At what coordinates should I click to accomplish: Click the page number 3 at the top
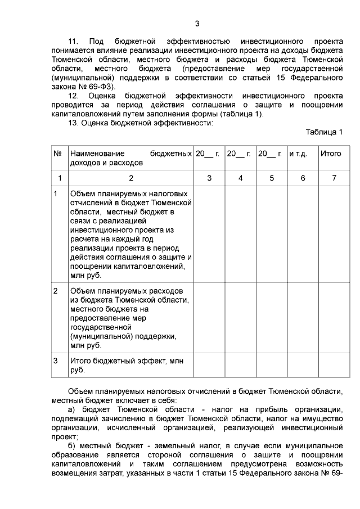coord(197,23)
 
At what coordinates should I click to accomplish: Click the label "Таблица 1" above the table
coord(324,132)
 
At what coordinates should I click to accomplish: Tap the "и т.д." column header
coord(298,154)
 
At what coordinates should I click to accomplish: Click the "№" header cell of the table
coord(57,154)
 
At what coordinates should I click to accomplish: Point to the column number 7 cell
coord(334,178)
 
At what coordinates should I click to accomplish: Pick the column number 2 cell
coord(130,178)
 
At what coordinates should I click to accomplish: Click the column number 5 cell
coord(272,178)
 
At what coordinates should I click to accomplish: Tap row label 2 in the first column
coord(56,291)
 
